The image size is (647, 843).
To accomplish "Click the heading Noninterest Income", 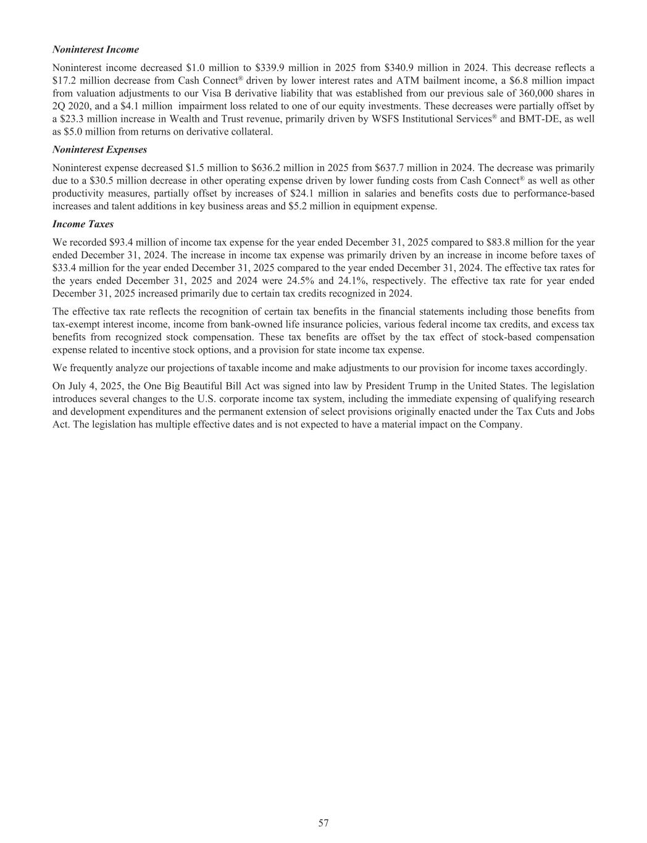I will [96, 49].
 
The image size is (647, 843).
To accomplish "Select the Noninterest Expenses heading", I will [100, 149].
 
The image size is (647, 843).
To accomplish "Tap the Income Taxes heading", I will [83, 224].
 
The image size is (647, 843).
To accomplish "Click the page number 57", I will [323, 823].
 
